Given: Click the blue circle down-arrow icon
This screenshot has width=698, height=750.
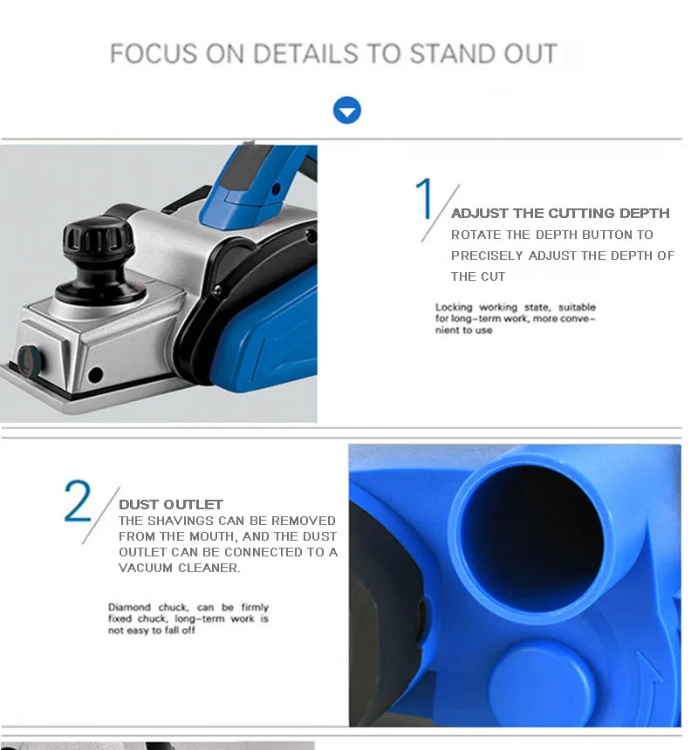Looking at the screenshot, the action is (x=347, y=110).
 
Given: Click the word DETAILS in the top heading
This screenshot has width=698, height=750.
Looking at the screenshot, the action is (x=305, y=53).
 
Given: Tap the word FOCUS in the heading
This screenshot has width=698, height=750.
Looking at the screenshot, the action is (x=153, y=53).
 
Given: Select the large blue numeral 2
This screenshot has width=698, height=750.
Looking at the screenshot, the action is (x=78, y=501).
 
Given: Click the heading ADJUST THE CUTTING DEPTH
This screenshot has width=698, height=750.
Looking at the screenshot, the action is (x=560, y=214).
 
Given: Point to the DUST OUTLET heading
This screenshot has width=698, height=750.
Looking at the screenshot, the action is (x=171, y=505).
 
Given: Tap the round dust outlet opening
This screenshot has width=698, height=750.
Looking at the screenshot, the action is (x=532, y=535).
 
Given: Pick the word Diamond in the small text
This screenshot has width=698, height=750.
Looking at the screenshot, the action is (x=129, y=607).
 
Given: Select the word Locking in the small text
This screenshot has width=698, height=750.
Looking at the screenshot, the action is (x=454, y=307).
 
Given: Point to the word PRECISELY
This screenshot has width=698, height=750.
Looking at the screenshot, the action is (x=487, y=256).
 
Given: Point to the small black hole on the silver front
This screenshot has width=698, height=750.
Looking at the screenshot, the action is (x=95, y=374).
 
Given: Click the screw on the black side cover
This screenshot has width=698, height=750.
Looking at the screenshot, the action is (x=217, y=290).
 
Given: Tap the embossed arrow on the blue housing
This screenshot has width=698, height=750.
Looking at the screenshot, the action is (x=652, y=678).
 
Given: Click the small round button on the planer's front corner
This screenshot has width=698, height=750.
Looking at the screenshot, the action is (x=30, y=360).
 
